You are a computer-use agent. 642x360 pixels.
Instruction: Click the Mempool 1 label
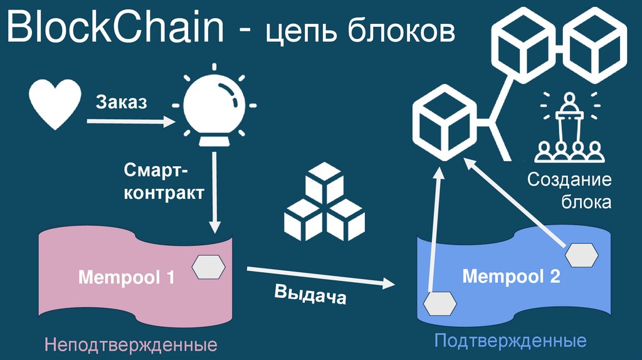[x=126, y=277]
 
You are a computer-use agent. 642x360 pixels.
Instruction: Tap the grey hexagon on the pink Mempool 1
[x=209, y=267]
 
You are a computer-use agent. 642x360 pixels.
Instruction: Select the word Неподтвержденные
[x=130, y=345]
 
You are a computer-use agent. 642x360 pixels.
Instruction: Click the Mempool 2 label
[x=511, y=276]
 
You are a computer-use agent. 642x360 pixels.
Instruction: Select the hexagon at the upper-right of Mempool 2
[x=581, y=255]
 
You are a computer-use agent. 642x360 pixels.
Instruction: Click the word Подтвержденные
[x=510, y=341]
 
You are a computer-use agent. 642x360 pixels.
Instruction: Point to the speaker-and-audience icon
[x=569, y=129]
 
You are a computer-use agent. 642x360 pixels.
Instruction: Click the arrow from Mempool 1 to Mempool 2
[x=324, y=278]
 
